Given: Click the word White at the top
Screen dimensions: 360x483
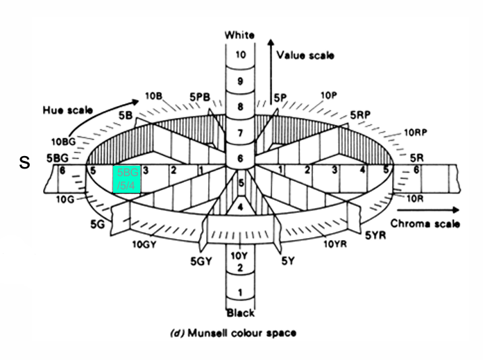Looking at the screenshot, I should pos(240,35).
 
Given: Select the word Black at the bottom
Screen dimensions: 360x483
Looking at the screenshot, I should pos(240,313).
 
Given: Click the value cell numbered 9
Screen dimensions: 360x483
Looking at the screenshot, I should pos(240,81).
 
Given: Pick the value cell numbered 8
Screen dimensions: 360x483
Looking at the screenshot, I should pos(240,107).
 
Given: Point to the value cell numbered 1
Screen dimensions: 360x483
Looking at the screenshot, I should pos(240,293).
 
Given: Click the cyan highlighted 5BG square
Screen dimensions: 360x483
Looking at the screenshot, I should pos(128,179).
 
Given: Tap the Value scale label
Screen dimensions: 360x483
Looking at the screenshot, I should pos(305,54).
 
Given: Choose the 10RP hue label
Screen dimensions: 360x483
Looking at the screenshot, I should pos(415,132).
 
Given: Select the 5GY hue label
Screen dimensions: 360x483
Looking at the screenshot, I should pos(201,262).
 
